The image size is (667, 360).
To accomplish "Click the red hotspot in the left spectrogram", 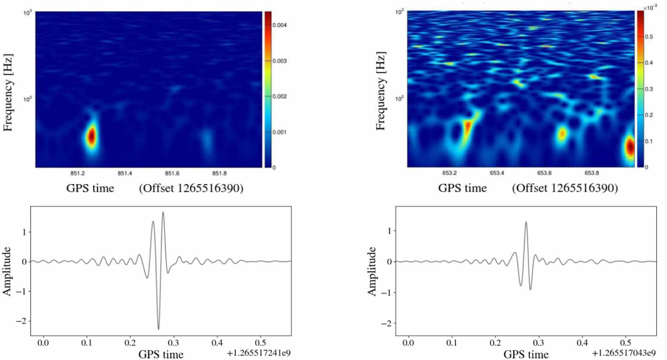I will pos(91,136).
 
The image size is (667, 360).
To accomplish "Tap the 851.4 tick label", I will pos(125,173).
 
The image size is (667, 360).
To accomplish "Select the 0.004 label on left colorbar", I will pos(279,25).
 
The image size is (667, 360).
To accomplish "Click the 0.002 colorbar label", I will pos(279,96).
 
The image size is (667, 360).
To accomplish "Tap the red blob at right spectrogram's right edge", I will pos(630,147).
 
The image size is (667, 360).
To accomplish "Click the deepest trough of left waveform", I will pos(158,329).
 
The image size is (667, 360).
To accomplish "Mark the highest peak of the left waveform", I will pos(163,212).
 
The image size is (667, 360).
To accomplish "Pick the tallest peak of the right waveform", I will pos(526,222).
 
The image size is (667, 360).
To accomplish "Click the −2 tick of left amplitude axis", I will pos(20,321).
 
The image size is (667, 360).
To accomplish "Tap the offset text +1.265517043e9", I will pos(624,353).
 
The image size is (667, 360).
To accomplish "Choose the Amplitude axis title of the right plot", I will pos(372,271).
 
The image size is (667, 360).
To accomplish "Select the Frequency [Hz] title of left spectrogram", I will pos(8,92).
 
